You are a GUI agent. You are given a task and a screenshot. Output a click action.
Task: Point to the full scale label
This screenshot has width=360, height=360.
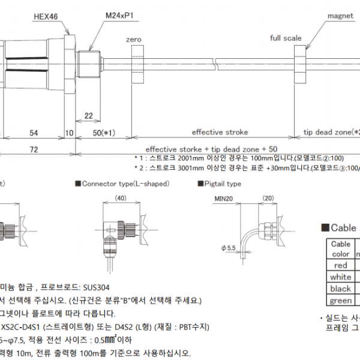coord(286,38)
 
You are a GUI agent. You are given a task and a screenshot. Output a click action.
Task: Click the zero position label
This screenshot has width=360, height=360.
coord(133,39)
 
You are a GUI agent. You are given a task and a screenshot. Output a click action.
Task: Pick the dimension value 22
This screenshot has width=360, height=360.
coord(88,115)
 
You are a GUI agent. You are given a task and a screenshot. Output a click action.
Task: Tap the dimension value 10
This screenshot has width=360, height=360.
coord(69,132)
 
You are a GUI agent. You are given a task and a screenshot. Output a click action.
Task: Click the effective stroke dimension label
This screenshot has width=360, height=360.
coord(215,132)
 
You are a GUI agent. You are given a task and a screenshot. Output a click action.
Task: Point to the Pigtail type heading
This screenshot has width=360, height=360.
coord(219,184)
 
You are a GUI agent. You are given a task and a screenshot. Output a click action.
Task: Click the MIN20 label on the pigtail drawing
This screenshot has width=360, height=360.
coord(223,198)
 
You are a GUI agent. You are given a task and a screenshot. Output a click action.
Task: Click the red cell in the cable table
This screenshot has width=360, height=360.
coord(341,265)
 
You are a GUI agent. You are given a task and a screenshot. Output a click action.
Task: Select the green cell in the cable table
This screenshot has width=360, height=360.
coord(341,301)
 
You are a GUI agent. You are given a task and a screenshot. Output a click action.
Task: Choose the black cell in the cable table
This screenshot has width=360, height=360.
coord(341,289)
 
